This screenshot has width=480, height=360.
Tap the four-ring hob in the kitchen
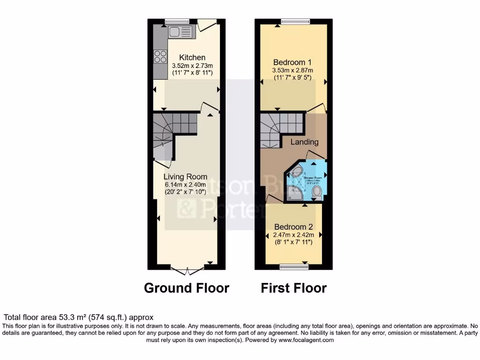tap(160, 56)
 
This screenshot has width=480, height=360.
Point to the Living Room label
tap(185, 177)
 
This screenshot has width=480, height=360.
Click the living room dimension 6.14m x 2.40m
tap(185, 185)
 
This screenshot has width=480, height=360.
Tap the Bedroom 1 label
tap(292, 62)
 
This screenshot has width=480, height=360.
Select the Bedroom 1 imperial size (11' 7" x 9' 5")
tap(292, 78)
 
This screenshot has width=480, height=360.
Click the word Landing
tap(305, 142)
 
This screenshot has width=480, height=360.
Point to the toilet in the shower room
tap(316, 192)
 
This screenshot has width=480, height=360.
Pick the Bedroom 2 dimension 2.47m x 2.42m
tap(293, 235)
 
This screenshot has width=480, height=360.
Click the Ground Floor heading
tap(187, 287)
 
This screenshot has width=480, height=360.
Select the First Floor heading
tap(293, 287)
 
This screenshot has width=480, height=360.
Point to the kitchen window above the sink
tap(177, 21)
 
